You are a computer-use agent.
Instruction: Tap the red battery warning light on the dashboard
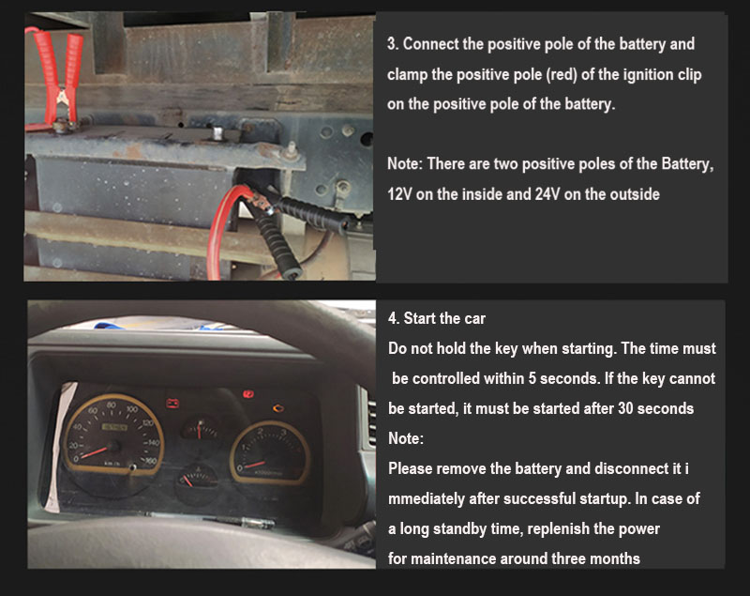pyautogui.click(x=172, y=403)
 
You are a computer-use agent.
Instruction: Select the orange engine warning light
pyautogui.click(x=278, y=408)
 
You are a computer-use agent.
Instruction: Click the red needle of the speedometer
pyautogui.click(x=95, y=451)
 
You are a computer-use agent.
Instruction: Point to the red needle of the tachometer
pyautogui.click(x=255, y=464)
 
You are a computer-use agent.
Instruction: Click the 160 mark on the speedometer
pyautogui.click(x=151, y=461)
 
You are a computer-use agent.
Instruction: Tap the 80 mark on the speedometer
pyautogui.click(x=111, y=405)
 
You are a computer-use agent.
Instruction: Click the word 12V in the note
pyautogui.click(x=397, y=194)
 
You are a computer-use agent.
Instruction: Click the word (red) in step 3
pyautogui.click(x=560, y=75)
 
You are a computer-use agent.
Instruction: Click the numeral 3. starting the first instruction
pyautogui.click(x=393, y=44)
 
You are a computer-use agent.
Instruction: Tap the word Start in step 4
pyautogui.click(x=419, y=318)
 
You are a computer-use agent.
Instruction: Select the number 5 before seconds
pyautogui.click(x=532, y=378)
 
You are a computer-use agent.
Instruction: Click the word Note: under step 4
pyautogui.click(x=406, y=438)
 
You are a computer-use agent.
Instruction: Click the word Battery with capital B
pyautogui.click(x=687, y=164)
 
